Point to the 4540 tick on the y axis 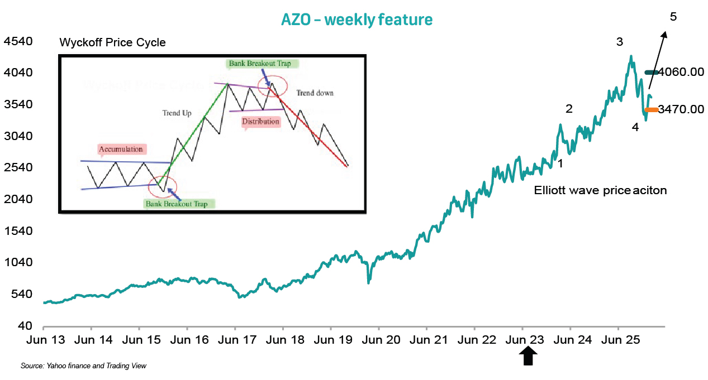(x=18, y=42)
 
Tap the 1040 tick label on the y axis (x=18, y=263)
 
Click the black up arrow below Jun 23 (x=528, y=357)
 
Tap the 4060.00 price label (x=681, y=72)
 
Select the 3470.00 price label (x=681, y=109)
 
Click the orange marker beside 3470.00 (x=652, y=110)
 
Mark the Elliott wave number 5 (x=673, y=17)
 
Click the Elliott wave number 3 (x=619, y=41)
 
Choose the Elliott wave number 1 (x=560, y=164)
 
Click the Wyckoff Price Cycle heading (x=112, y=43)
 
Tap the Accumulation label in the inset (x=121, y=149)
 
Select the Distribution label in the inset (x=260, y=121)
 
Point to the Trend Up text (x=177, y=113)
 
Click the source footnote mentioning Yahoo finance (x=83, y=366)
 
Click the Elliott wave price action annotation (x=601, y=190)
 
